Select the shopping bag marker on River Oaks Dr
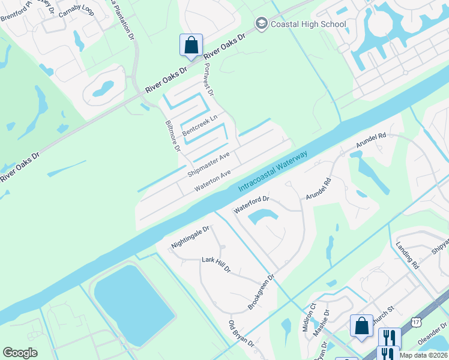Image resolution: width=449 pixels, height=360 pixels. click(191, 45)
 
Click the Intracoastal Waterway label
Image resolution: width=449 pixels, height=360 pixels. click(273, 171)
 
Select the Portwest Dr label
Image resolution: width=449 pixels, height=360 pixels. click(209, 79)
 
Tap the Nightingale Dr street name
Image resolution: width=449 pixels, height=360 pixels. click(190, 237)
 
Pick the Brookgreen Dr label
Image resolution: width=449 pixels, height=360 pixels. click(261, 293)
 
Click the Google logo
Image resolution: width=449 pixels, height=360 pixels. click(20, 353)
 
